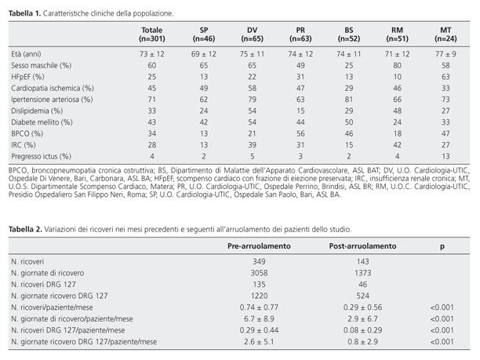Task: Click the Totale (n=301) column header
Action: pos(152,35)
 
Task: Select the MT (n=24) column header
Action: pos(445,35)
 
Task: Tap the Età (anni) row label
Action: pos(26,54)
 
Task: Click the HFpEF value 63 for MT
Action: pos(445,77)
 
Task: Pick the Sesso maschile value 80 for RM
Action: pos(397,66)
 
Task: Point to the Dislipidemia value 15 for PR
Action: pos(300,111)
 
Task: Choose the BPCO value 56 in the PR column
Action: pos(300,133)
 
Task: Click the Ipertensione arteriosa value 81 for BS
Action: pos(349,100)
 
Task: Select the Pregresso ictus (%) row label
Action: pos(41,156)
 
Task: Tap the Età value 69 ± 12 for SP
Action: pos(204,54)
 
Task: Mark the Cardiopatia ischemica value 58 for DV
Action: pos(252,88)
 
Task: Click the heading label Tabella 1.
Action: pos(24,13)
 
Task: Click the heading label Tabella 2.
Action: pos(25,229)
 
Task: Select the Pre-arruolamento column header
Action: pos(259,246)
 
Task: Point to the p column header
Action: pos(442,247)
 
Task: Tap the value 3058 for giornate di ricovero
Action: pos(259,273)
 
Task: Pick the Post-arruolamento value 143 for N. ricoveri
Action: pos(363,262)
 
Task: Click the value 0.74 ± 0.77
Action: pos(259,307)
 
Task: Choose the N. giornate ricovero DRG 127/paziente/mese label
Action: pos(84,342)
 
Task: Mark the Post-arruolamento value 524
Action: pos(363,296)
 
